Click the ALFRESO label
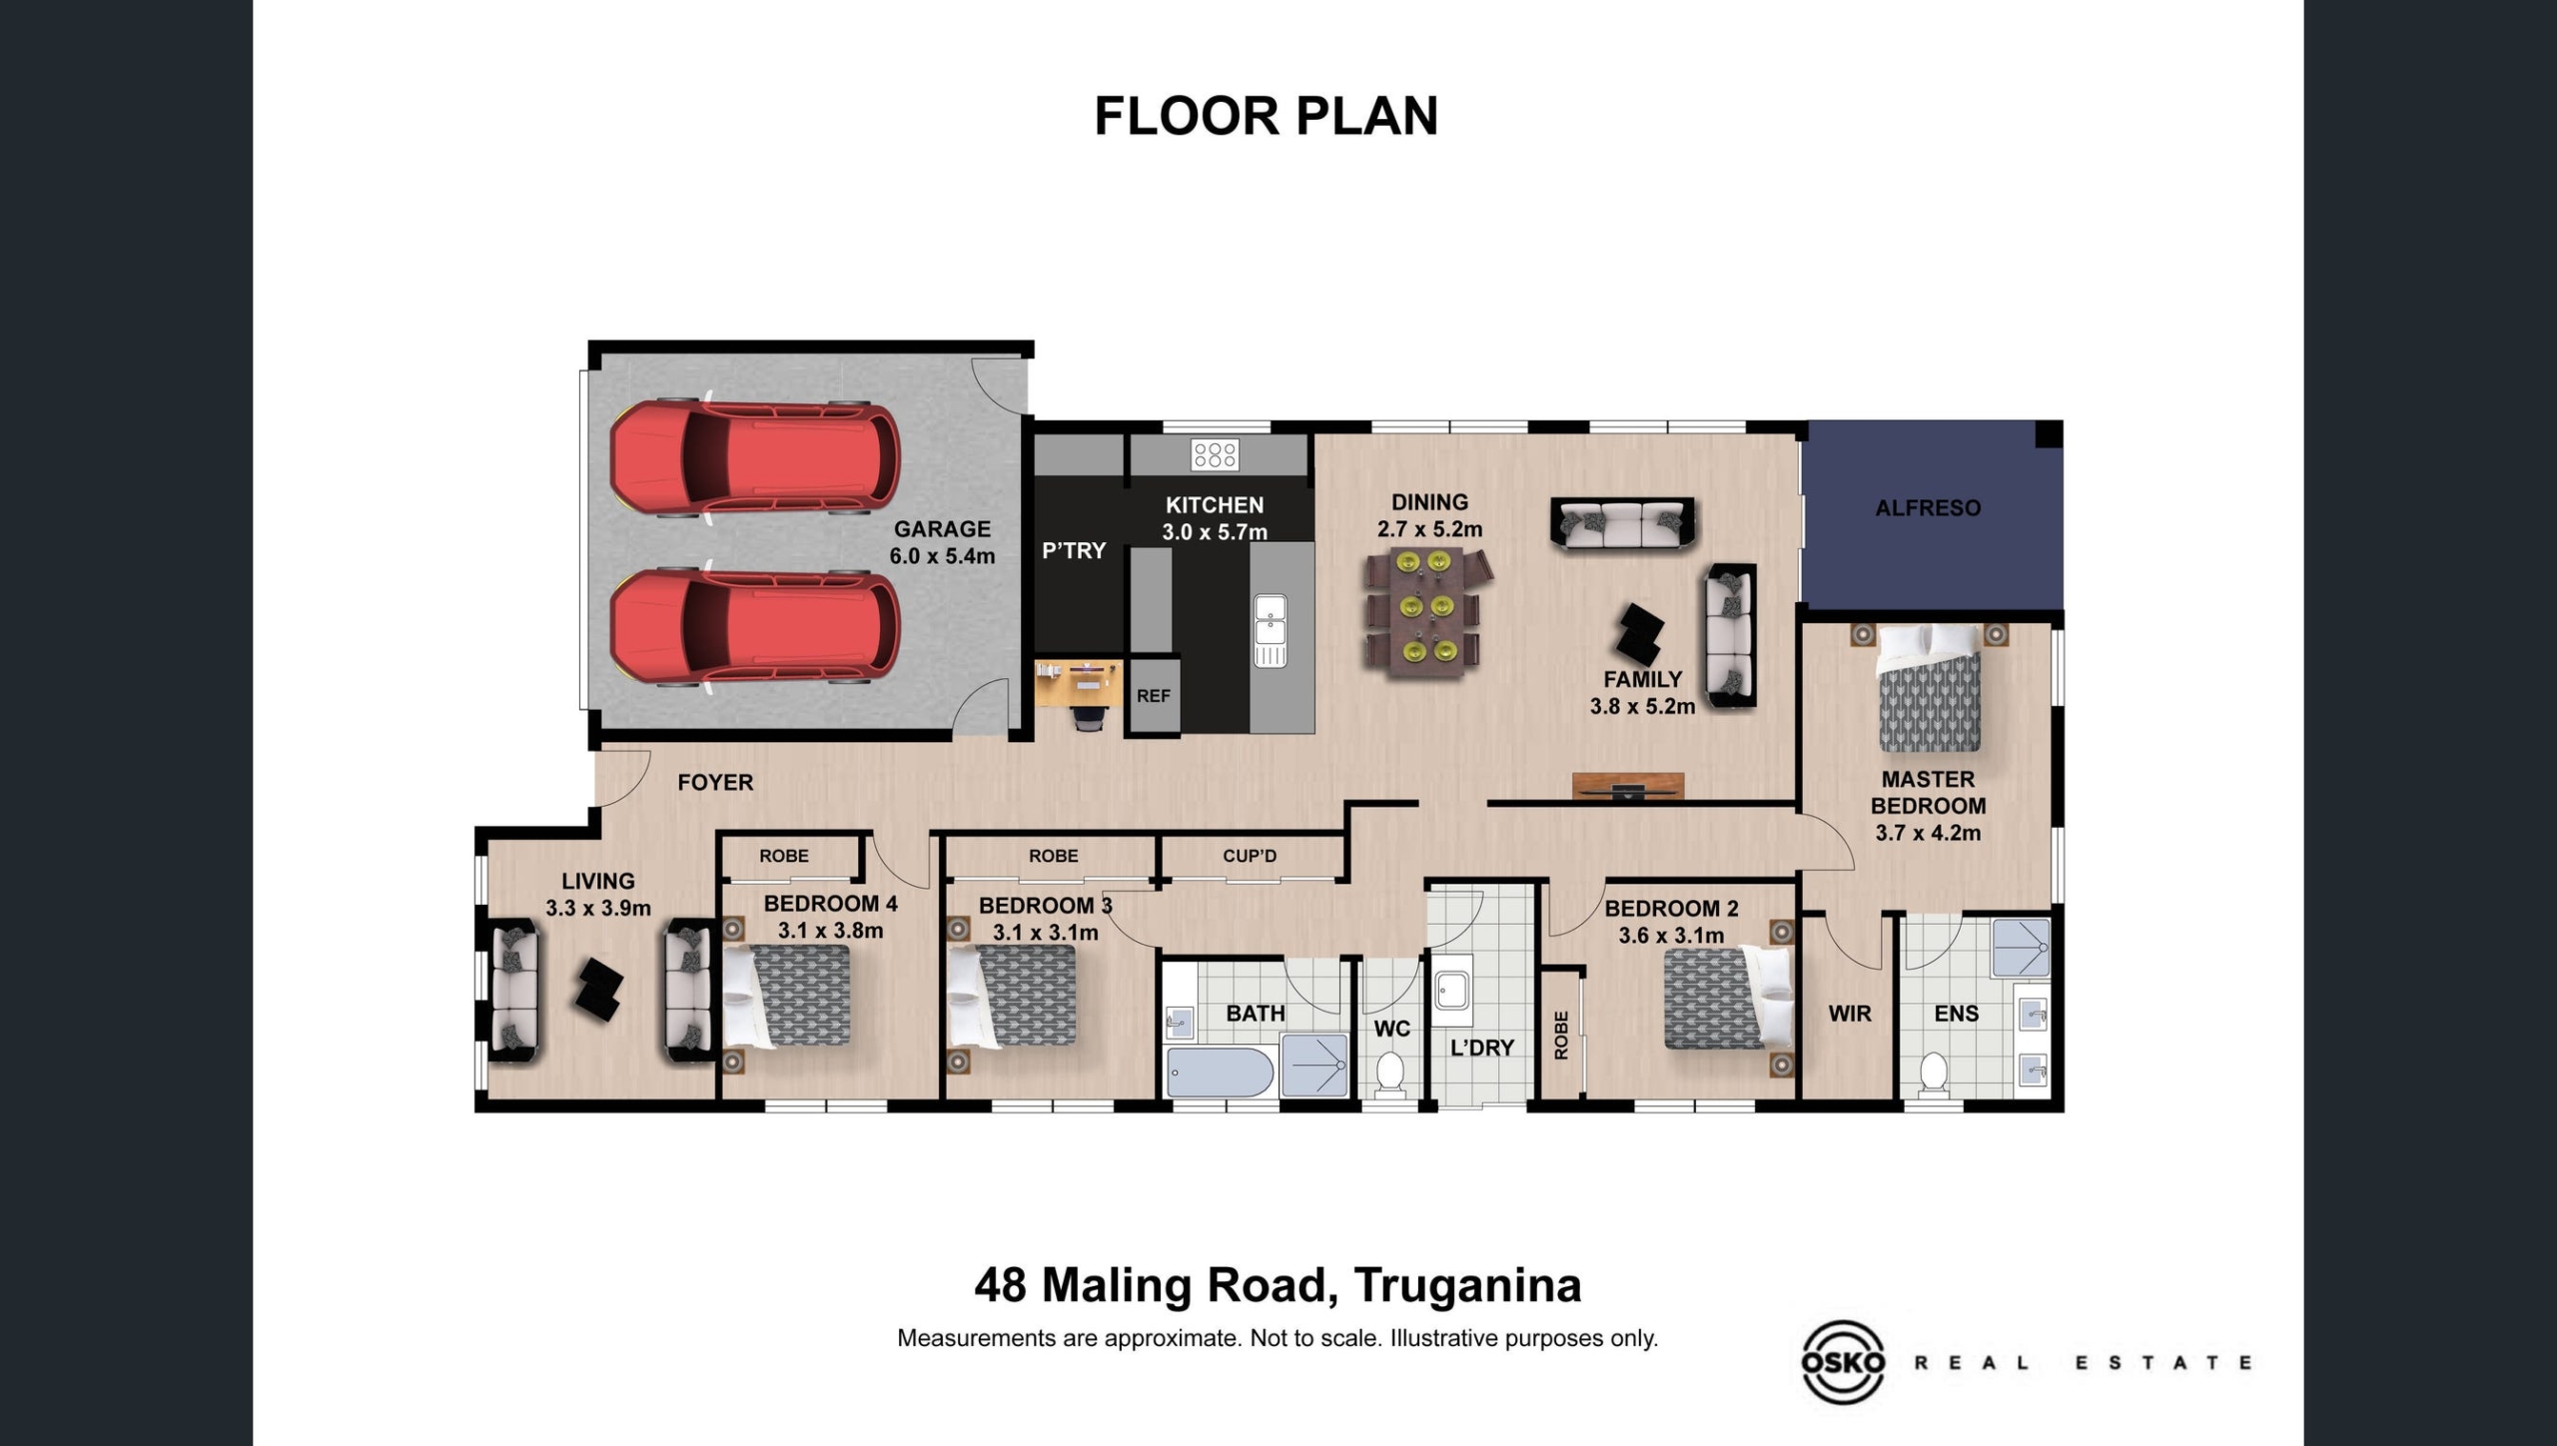click(1928, 508)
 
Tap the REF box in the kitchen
click(1154, 696)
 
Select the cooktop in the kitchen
click(1215, 455)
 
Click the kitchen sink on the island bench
click(1271, 630)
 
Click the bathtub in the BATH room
click(1220, 1073)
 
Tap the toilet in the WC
click(1390, 1075)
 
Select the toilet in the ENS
click(1935, 1075)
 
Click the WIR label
click(1850, 1014)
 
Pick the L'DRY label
click(1482, 1048)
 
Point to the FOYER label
click(715, 783)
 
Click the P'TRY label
click(1074, 550)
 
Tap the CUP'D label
click(1250, 856)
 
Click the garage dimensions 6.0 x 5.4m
click(942, 556)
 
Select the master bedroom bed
click(1929, 688)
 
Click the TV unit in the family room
click(1628, 786)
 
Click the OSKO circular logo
click(1843, 1362)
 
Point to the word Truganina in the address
click(1468, 1286)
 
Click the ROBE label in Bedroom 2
click(1561, 1035)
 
